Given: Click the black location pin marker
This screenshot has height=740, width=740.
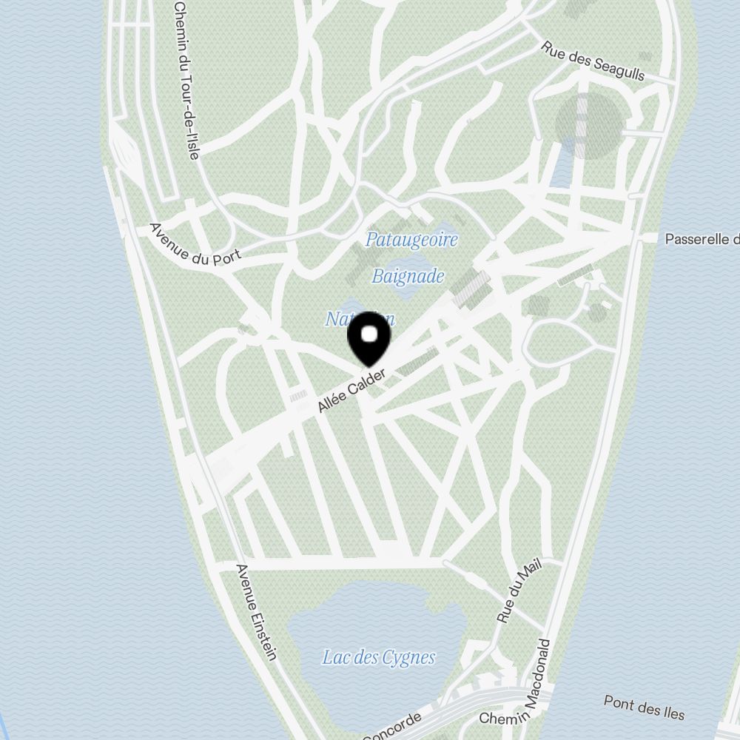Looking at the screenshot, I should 369,340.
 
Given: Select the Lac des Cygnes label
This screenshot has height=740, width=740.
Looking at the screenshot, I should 378,657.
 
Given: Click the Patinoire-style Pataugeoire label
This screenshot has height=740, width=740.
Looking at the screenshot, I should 411,240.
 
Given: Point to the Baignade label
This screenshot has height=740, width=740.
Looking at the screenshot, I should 408,276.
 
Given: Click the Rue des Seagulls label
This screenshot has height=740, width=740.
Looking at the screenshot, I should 593,60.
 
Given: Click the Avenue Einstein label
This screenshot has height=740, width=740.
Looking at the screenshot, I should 256,612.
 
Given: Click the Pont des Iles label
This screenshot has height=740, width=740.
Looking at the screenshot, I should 644,707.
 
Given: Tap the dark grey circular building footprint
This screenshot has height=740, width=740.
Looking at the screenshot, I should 588,124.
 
